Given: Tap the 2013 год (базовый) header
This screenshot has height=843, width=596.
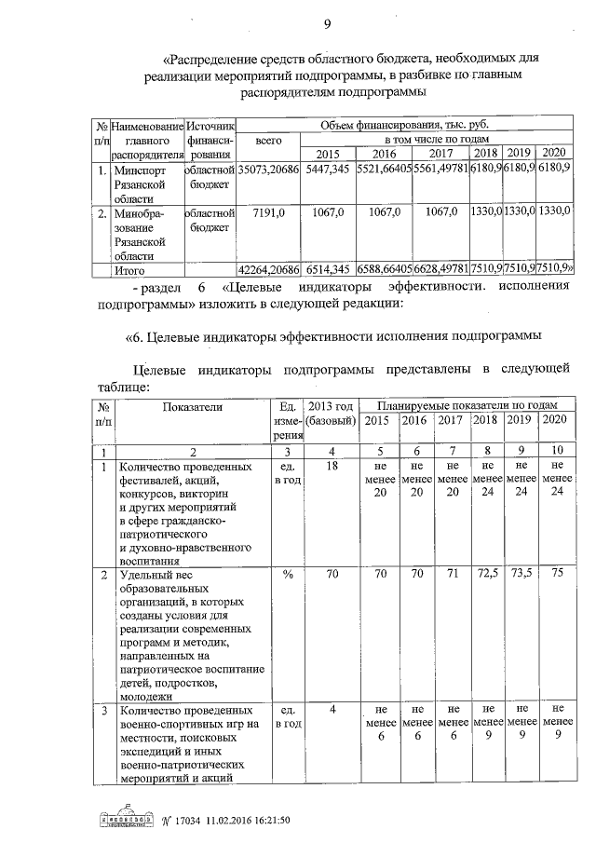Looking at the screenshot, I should tap(331, 414).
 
